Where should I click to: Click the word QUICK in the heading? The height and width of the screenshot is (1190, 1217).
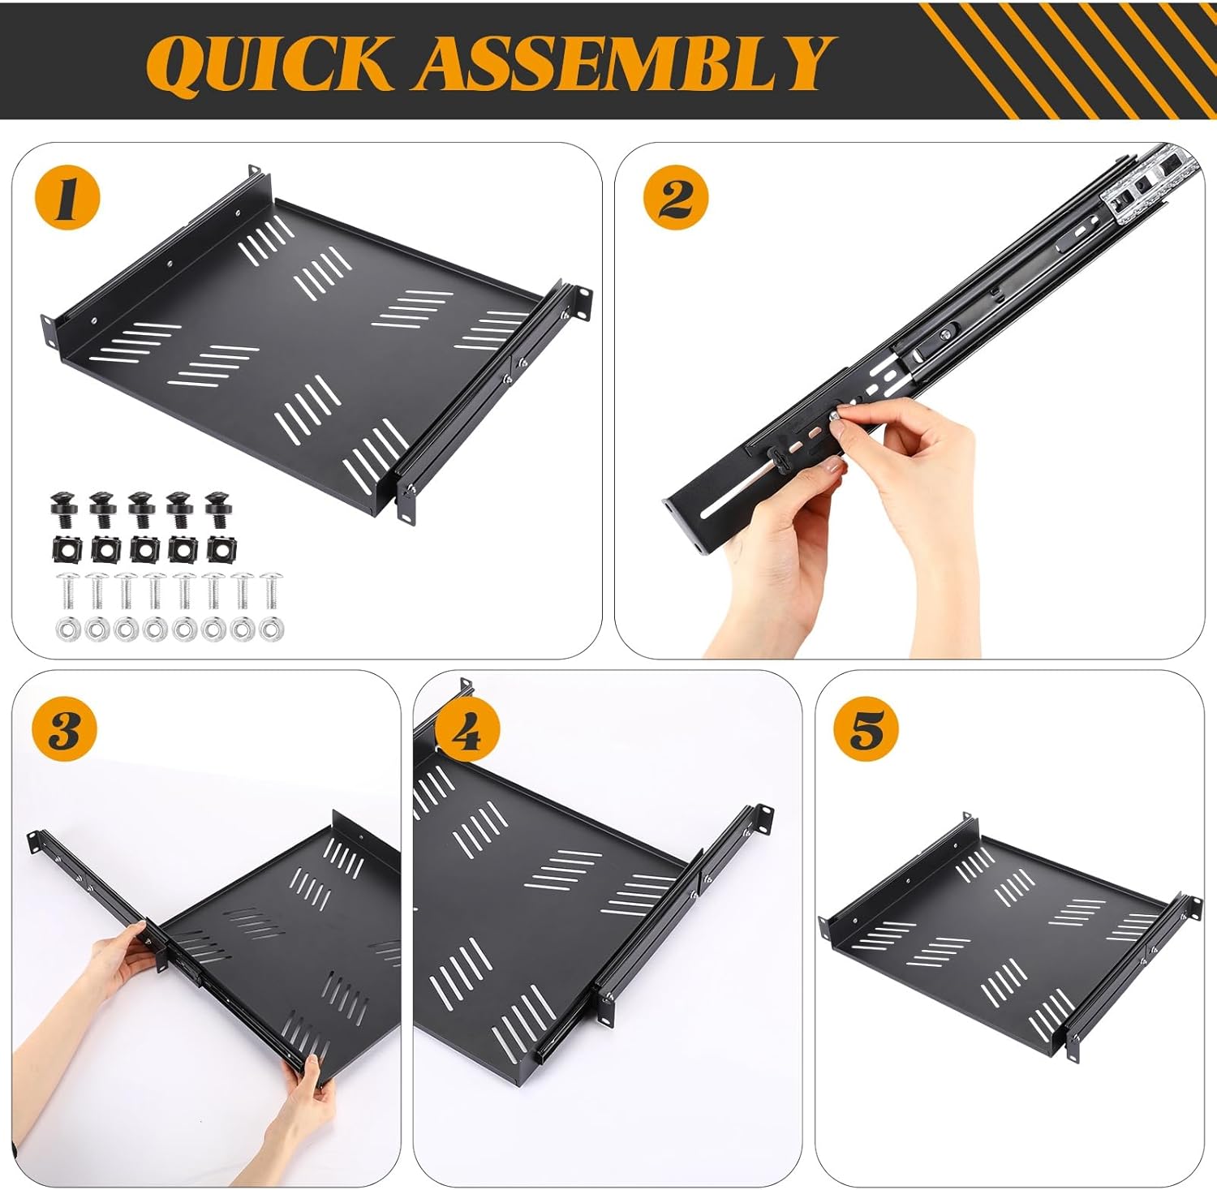coord(268,63)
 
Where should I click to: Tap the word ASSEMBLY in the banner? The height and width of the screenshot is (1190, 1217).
coord(625,63)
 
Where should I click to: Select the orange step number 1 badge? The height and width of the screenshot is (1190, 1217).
coord(67,198)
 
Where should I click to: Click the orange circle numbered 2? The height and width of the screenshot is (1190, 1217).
coord(675,198)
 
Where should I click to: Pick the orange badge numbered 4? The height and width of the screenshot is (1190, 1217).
coord(467,732)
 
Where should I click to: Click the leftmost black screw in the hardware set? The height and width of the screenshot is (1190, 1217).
coord(62,509)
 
